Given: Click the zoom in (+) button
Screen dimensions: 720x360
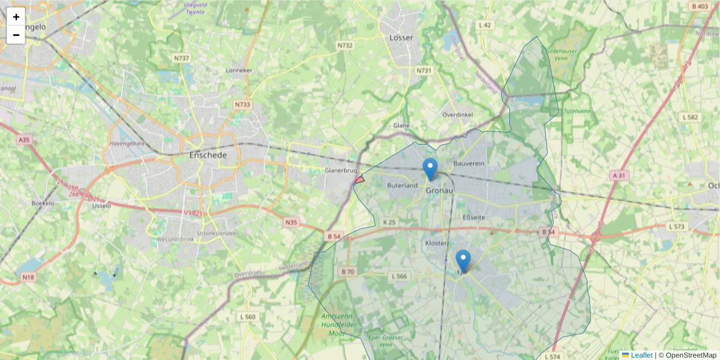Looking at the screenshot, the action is (16, 17).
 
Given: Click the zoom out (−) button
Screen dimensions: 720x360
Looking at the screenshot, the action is (16, 35).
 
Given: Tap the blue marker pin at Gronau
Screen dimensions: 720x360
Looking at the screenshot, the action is (430, 169).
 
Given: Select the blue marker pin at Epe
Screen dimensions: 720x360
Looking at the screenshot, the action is (463, 260).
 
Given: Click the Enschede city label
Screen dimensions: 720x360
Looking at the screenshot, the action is (208, 155).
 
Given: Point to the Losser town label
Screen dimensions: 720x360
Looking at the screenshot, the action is (401, 37).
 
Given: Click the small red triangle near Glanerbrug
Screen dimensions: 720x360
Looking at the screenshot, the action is (360, 179).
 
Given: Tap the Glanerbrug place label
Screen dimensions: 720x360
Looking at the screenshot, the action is (341, 170).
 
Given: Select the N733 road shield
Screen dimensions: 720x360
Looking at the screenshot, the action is (242, 104).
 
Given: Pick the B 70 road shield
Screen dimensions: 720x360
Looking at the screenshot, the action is (347, 272).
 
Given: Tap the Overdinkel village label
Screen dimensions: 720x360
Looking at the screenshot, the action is (457, 114).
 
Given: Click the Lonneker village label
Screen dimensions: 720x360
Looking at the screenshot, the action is (239, 70).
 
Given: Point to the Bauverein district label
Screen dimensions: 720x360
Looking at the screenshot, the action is (469, 163).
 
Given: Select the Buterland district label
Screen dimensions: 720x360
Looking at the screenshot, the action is (403, 185).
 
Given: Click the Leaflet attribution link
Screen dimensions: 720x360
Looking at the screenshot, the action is (641, 355).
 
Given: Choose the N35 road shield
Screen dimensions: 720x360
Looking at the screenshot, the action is (291, 223).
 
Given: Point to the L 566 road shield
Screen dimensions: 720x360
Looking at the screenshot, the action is (399, 276).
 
